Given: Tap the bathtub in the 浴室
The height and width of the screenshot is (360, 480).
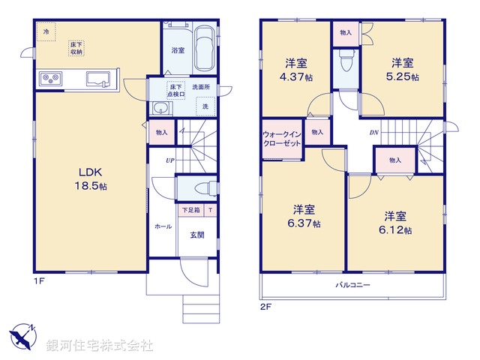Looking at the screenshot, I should pyautogui.click(x=202, y=49).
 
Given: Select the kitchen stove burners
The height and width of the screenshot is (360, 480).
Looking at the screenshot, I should pyautogui.click(x=51, y=78).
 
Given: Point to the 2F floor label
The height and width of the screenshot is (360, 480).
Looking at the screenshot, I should pyautogui.click(x=265, y=307).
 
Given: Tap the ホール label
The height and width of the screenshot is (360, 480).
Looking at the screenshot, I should pyautogui.click(x=163, y=226).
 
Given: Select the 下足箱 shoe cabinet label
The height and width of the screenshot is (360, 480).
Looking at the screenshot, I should pyautogui.click(x=191, y=211).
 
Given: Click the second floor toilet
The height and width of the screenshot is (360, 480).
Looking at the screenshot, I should pyautogui.click(x=345, y=62).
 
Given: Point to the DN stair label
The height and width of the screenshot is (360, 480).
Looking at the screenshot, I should pyautogui.click(x=373, y=133).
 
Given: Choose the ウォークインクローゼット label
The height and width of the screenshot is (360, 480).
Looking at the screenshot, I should pyautogui.click(x=281, y=139).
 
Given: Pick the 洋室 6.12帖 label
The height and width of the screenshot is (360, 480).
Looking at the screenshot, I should pyautogui.click(x=396, y=223).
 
